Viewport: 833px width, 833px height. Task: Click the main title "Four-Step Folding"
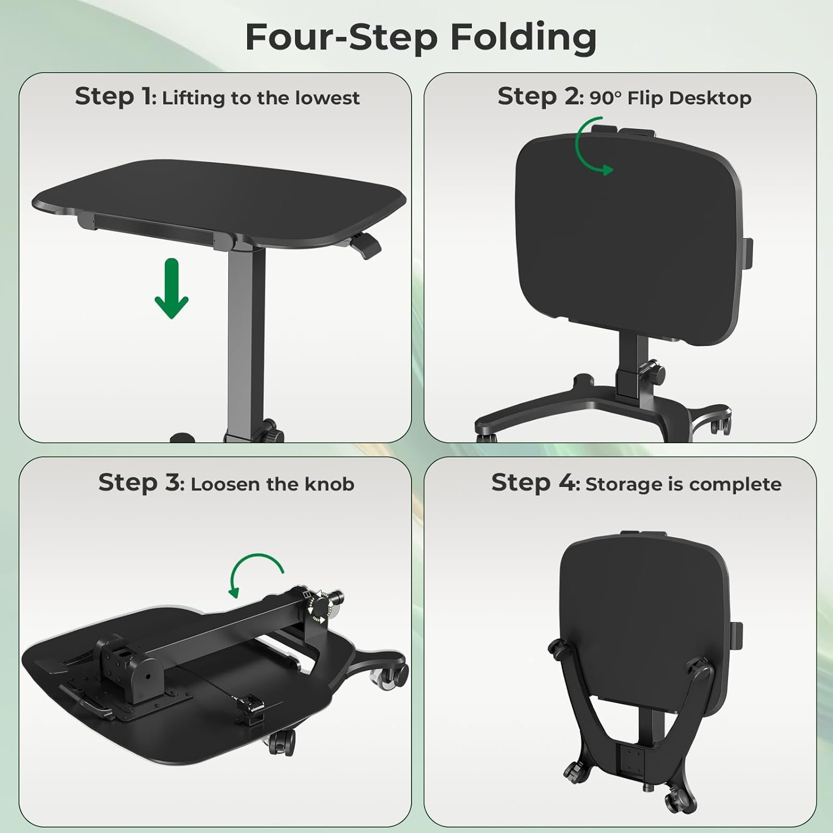pos(421,38)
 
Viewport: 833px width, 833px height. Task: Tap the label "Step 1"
pos(114,97)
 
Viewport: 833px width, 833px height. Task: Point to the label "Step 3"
pos(139,483)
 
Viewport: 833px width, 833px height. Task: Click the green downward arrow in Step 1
pos(172,289)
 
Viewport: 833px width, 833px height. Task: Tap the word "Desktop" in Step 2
pos(710,99)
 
